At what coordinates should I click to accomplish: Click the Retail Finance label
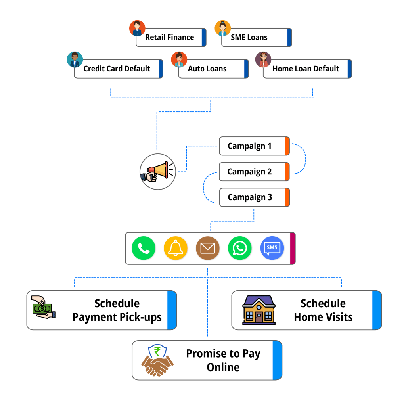(170, 38)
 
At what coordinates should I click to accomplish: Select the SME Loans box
(249, 38)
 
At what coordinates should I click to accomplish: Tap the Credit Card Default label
(117, 69)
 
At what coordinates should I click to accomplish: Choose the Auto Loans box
(207, 69)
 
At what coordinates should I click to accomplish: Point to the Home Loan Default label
(306, 69)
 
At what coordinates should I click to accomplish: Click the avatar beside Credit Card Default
(75, 59)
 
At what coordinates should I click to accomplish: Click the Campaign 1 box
(249, 146)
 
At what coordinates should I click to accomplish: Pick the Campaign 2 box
(249, 172)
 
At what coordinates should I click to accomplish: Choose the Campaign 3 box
(250, 197)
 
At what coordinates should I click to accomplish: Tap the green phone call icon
(143, 248)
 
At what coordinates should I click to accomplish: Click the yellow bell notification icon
(175, 248)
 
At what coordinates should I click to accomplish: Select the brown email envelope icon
(207, 248)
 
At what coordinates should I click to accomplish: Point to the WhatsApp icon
(239, 248)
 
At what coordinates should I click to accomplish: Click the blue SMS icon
(272, 248)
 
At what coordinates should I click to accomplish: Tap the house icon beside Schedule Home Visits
(259, 310)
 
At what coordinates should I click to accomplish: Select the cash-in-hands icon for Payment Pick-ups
(43, 307)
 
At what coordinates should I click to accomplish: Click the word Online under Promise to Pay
(223, 367)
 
